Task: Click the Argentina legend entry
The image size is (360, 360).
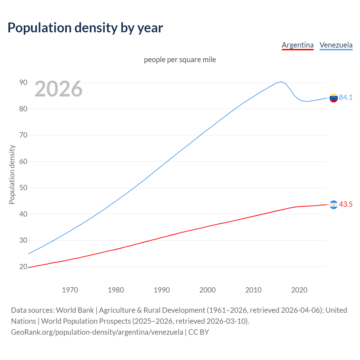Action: point(298,45)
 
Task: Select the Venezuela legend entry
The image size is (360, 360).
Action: point(336,45)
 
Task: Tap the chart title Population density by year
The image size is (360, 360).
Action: point(85,28)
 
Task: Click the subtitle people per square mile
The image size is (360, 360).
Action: point(180,60)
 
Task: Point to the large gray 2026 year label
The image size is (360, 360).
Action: point(58,89)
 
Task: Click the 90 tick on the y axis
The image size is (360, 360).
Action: point(23,82)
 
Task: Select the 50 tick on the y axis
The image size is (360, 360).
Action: point(23,188)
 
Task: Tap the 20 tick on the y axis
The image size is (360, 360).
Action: point(23,267)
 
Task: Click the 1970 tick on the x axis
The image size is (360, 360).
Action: point(70,290)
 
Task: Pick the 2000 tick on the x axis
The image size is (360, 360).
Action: point(208,290)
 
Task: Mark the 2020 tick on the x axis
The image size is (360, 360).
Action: point(299,290)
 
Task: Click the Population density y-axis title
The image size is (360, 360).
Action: point(12,174)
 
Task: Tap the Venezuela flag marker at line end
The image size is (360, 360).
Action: point(334,98)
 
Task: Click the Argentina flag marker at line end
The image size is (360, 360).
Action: point(334,205)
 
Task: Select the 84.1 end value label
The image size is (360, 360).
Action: point(346,97)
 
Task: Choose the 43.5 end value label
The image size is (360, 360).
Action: point(346,204)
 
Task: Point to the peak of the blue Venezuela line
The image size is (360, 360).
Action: point(281,82)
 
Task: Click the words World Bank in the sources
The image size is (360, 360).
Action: point(75,310)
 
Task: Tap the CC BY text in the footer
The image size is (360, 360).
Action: point(199,332)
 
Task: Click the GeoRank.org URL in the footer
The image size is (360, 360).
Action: point(97,332)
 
